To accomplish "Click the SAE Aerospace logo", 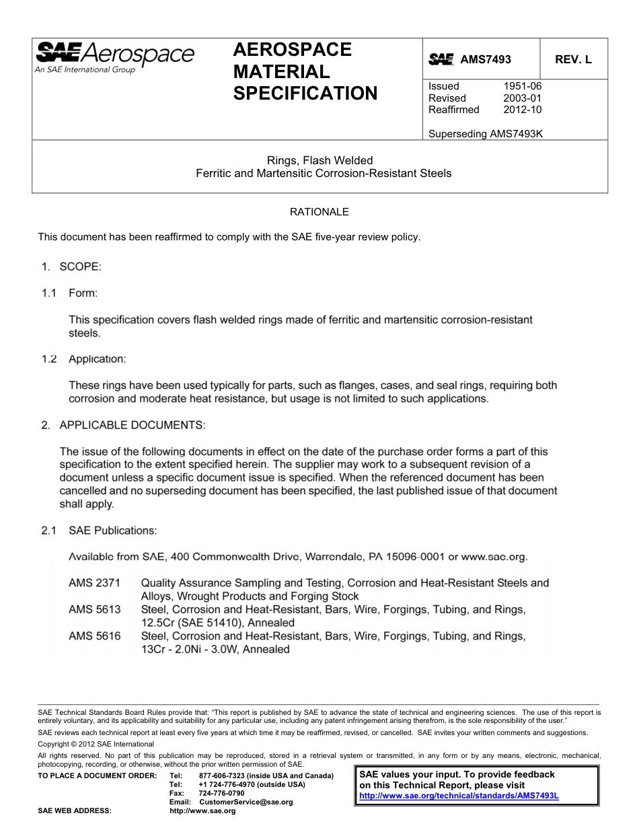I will pos(114,56).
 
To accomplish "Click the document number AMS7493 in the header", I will pos(485,60).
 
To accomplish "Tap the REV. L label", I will pos(573,60).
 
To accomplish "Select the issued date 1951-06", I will pos(522,86).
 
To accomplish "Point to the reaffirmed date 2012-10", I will pos(522,110).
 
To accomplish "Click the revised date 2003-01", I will pos(522,98).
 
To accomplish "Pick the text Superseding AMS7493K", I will pos(485,133).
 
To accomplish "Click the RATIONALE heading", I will pos(319,212).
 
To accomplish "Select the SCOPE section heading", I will pos(80,267).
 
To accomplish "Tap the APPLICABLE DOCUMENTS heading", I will pos(132,425).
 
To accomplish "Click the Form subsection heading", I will pos(83,294).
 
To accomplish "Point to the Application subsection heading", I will pos(97,359).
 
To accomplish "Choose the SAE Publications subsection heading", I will pos(113,531).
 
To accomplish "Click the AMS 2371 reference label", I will pos(94,583).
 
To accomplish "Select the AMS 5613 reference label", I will pos(94,610).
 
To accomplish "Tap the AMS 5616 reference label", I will pos(94,636).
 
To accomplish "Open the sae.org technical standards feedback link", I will pos(459,796).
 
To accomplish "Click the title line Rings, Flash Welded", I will pos(319,160).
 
